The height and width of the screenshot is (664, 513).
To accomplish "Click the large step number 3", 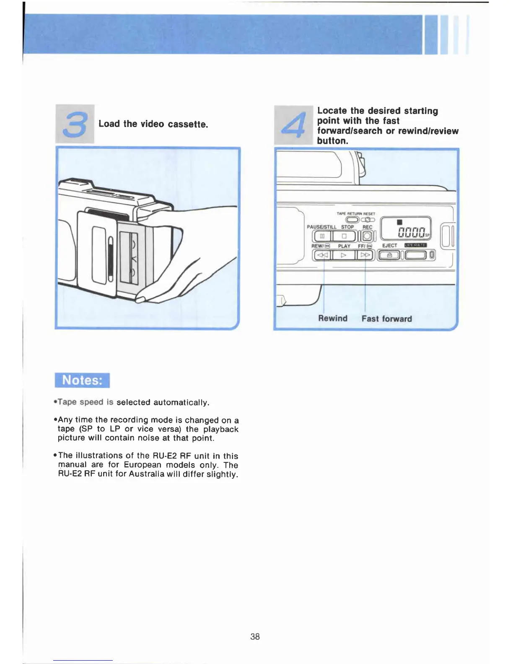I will [x=75, y=124].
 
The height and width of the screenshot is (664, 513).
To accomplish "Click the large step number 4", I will [x=293, y=125].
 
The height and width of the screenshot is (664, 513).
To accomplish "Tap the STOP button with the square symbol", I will [x=344, y=236].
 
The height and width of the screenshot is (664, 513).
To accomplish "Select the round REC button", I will [x=367, y=236].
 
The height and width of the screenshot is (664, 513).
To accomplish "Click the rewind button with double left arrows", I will [x=322, y=255].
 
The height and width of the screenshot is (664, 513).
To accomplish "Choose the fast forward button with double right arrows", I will [x=365, y=255].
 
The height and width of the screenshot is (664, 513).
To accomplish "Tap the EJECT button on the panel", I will [x=389, y=255].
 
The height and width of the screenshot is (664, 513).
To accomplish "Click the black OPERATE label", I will [x=415, y=245].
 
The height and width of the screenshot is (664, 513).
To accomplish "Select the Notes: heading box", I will [x=82, y=380].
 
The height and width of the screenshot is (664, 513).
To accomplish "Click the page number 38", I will [x=255, y=636].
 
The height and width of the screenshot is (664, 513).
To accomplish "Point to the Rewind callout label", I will [x=333, y=318].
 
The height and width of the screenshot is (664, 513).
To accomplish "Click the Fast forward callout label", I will [x=386, y=319].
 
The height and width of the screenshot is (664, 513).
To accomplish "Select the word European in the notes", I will [x=142, y=465].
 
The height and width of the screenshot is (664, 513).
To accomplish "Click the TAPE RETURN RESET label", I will [x=356, y=213].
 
